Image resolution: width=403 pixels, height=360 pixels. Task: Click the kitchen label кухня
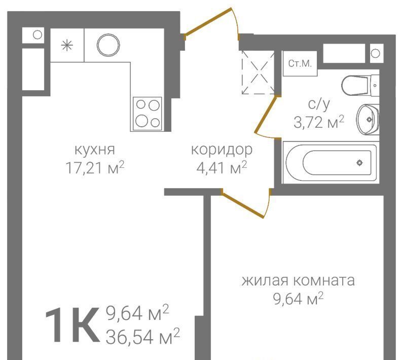95,150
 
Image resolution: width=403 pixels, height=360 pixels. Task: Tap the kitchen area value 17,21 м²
95,168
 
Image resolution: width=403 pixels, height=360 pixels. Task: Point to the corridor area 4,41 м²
222,168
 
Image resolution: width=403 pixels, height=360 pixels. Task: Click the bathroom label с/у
319,104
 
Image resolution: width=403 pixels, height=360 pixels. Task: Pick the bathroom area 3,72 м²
319,122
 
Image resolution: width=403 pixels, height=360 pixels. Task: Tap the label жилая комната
298,280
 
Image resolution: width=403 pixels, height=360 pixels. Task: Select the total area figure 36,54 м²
142,336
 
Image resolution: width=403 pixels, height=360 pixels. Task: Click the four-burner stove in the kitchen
148,114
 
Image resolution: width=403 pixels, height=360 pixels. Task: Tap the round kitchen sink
108,45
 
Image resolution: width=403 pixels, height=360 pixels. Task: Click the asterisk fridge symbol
67,46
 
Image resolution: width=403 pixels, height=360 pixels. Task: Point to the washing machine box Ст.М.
300,63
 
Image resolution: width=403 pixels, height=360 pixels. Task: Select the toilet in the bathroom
360,85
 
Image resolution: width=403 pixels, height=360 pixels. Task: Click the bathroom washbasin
368,119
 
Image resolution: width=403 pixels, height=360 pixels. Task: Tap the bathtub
329,163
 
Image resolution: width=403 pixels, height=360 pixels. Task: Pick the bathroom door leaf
266,115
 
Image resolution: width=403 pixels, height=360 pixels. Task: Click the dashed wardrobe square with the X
258,72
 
